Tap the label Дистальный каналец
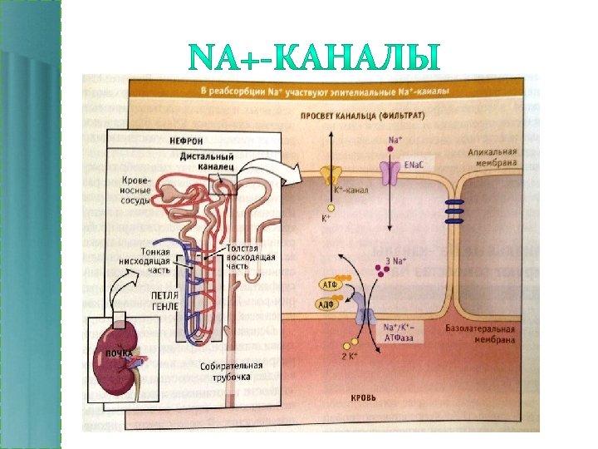206,162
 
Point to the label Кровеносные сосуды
135,190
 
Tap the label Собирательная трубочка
232,372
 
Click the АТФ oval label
327,284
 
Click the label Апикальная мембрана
493,158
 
